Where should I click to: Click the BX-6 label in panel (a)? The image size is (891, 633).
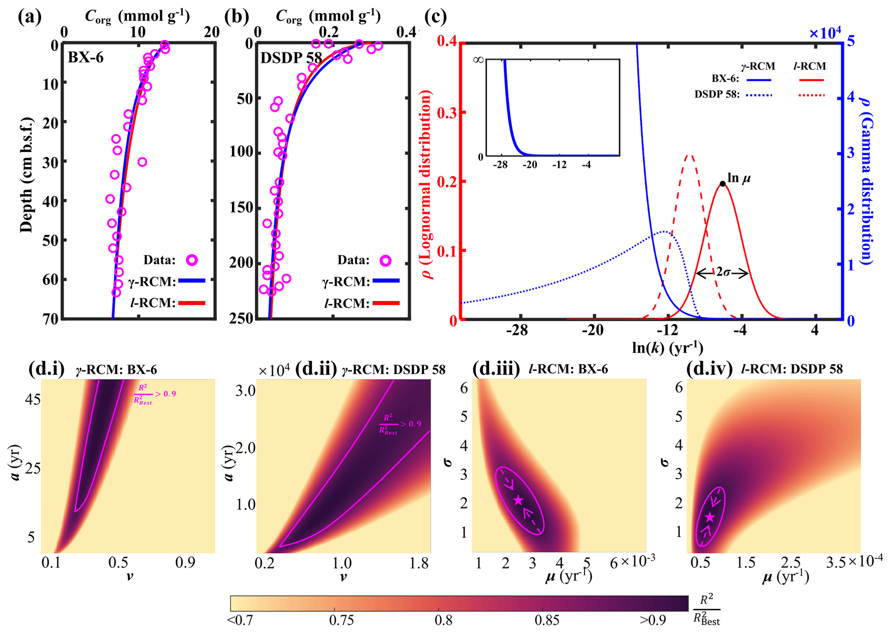pyautogui.click(x=86, y=57)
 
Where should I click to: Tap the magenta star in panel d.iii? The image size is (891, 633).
pyautogui.click(x=519, y=500)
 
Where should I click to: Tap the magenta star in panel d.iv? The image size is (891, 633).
pyautogui.click(x=710, y=517)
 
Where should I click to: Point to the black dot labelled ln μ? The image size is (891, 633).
pyautogui.click(x=723, y=184)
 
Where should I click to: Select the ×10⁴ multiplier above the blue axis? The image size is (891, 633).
pyautogui.click(x=825, y=33)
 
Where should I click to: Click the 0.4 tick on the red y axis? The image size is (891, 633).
pyautogui.click(x=447, y=42)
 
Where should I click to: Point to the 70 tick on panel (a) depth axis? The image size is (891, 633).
pyautogui.click(x=52, y=319)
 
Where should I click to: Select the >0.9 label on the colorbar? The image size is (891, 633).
pyautogui.click(x=653, y=620)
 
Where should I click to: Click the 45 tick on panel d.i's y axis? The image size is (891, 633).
pyautogui.click(x=32, y=400)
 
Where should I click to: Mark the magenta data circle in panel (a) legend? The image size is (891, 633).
pyautogui.click(x=191, y=260)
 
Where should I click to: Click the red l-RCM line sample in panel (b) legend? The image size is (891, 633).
pyautogui.click(x=386, y=304)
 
